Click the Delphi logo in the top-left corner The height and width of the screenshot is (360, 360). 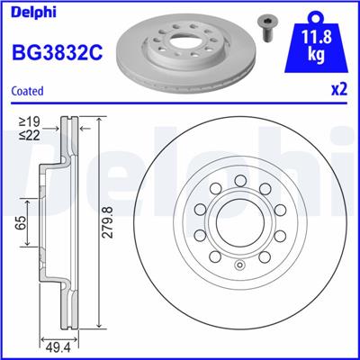point(33,13)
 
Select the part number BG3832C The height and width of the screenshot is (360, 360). point(57,51)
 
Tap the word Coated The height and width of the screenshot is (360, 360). point(27,91)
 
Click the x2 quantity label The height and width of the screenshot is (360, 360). point(339,89)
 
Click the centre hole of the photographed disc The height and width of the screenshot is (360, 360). point(184,39)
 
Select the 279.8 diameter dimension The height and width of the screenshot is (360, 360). point(108,223)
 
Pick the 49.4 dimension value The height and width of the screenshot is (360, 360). point(58,348)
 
